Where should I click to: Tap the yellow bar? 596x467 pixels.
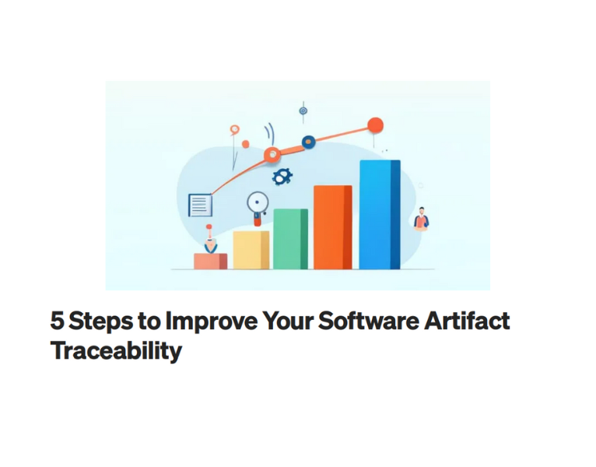pyautogui.click(x=251, y=250)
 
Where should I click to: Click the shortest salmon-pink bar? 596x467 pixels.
pyautogui.click(x=210, y=262)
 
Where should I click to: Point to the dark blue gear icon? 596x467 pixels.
pyautogui.click(x=281, y=177)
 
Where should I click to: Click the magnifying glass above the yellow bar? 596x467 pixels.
pyautogui.click(x=257, y=205)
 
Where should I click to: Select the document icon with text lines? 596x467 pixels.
pyautogui.click(x=200, y=205)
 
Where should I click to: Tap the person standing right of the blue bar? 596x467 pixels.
pyautogui.click(x=421, y=219)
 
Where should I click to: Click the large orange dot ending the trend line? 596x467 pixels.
pyautogui.click(x=375, y=125)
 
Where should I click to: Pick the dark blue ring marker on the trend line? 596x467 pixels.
pyautogui.click(x=308, y=142)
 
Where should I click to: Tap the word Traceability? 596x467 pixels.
pyautogui.click(x=116, y=351)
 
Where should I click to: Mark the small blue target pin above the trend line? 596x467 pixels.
pyautogui.click(x=303, y=111)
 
